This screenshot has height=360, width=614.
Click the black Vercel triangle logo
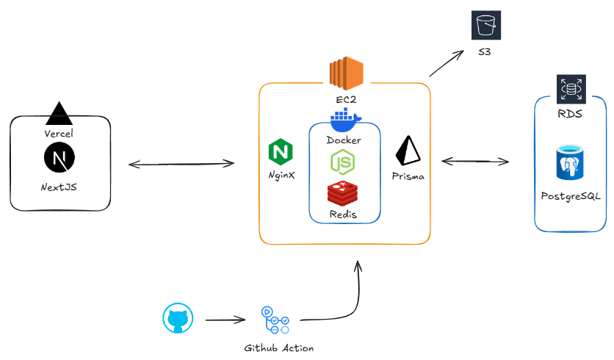(x=59, y=113)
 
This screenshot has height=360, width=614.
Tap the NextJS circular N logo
(x=59, y=156)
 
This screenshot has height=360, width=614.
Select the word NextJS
(x=59, y=187)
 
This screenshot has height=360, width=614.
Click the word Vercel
(x=59, y=134)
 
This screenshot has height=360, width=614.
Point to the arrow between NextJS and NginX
(x=181, y=163)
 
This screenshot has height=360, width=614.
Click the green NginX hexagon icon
(x=281, y=151)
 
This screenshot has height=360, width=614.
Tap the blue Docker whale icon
(x=344, y=118)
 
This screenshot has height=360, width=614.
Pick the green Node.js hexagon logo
(x=344, y=162)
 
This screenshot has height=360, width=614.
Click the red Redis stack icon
(x=344, y=192)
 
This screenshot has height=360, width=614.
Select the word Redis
(x=344, y=213)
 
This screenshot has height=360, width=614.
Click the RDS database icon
(x=571, y=89)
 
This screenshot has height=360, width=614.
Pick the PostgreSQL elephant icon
(x=571, y=164)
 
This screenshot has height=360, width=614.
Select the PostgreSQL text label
(x=571, y=196)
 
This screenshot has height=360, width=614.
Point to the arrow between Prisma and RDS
(x=475, y=160)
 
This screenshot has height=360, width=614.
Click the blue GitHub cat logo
(x=178, y=319)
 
